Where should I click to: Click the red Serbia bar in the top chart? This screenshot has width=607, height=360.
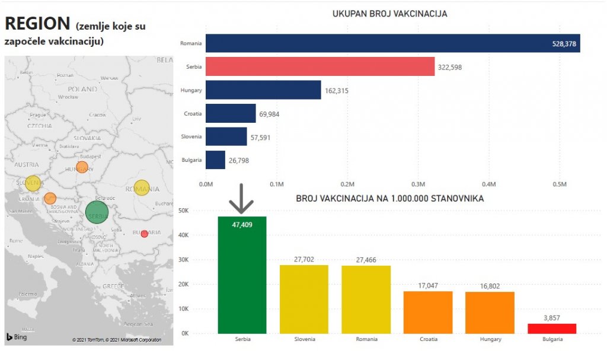tap(320, 66)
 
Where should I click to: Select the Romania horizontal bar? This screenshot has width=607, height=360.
tap(392, 43)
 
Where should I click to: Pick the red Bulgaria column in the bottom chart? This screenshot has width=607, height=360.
tap(551, 328)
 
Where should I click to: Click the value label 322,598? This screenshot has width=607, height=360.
tap(450, 67)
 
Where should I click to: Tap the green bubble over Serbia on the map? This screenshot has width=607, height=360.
tap(97, 212)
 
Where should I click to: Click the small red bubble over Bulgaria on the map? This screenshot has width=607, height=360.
tap(145, 234)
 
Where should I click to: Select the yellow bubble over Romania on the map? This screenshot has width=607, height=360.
tap(142, 188)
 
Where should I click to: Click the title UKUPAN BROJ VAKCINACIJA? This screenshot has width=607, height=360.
tap(389, 13)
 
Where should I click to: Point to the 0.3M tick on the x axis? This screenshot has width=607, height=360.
tap(418, 184)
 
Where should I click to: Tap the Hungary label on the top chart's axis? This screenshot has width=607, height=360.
tap(191, 90)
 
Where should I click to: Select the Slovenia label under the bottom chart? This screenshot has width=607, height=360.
tap(304, 339)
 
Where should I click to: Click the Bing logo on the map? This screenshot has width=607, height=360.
tap(17, 337)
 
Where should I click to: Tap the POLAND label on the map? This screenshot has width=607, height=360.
tap(82, 89)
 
